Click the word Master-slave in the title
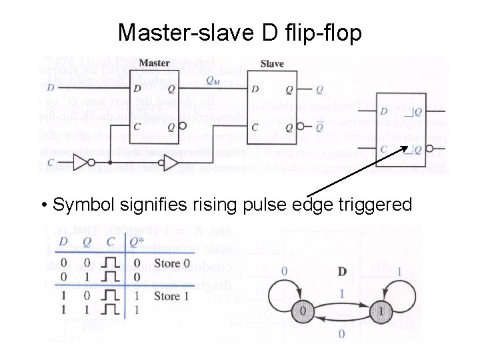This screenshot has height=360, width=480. coord(177,31)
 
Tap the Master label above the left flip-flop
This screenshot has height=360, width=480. coord(155,63)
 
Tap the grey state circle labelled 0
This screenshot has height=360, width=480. coord(302,311)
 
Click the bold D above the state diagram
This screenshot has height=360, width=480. coord(342,271)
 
